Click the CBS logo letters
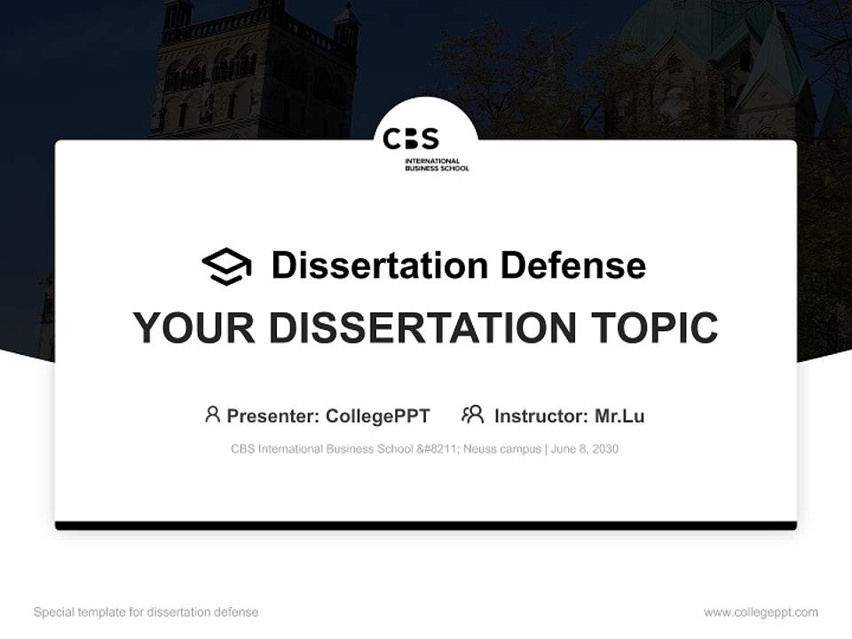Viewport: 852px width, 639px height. pyautogui.click(x=411, y=139)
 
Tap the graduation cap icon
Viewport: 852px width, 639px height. pyautogui.click(x=226, y=266)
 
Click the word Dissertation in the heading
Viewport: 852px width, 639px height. pyautogui.click(x=379, y=264)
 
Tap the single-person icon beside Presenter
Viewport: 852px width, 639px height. pyautogui.click(x=212, y=414)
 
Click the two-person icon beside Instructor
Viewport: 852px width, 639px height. pyautogui.click(x=472, y=414)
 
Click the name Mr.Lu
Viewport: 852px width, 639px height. pyautogui.click(x=619, y=415)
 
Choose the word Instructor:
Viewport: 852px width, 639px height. pyautogui.click(x=540, y=415)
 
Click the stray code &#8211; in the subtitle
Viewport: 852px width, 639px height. pyautogui.click(x=439, y=449)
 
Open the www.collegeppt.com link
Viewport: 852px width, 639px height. pyautogui.click(x=761, y=612)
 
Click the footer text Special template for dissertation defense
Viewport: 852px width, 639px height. pyautogui.click(x=146, y=612)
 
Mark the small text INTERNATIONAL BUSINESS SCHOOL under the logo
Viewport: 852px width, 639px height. pyautogui.click(x=436, y=164)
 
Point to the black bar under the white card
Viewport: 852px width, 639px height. pyautogui.click(x=426, y=525)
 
